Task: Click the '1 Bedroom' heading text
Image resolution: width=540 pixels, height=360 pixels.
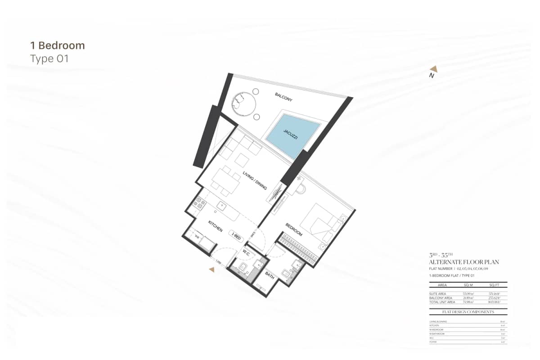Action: pyautogui.click(x=57, y=45)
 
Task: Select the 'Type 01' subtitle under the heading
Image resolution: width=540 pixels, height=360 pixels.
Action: pyautogui.click(x=49, y=58)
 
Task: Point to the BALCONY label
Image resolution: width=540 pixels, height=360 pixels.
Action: pyautogui.click(x=283, y=97)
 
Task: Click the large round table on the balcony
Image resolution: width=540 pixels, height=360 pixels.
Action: pyautogui.click(x=243, y=103)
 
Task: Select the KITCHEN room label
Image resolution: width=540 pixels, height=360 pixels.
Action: pyautogui.click(x=215, y=226)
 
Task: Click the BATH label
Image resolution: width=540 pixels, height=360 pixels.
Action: pyautogui.click(x=270, y=275)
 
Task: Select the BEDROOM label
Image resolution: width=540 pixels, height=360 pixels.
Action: pyautogui.click(x=293, y=229)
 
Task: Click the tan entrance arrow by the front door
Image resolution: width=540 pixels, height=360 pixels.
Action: pyautogui.click(x=212, y=270)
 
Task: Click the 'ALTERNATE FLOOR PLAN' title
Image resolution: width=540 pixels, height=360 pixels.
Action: pyautogui.click(x=464, y=262)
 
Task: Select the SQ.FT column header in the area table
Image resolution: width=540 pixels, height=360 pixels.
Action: pyautogui.click(x=494, y=285)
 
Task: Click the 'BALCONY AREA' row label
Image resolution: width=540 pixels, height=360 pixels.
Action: pyautogui.click(x=441, y=298)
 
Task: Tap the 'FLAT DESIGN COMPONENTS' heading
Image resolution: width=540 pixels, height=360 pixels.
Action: pyautogui.click(x=468, y=311)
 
